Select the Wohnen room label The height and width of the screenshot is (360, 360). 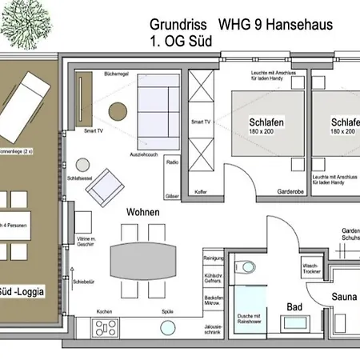(142, 212)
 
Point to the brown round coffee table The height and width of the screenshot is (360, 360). (118, 111)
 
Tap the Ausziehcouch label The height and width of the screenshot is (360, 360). (145, 153)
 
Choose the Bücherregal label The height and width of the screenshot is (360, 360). (116, 74)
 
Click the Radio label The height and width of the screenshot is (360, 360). (171, 162)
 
